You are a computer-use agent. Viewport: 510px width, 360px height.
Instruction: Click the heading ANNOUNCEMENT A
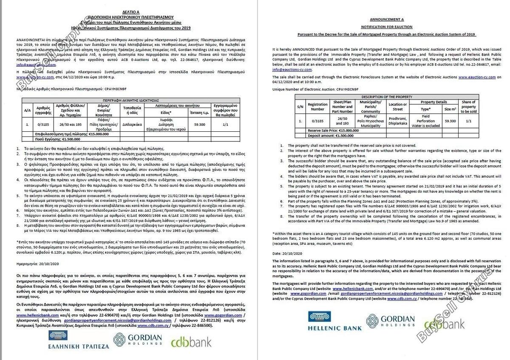[386, 20]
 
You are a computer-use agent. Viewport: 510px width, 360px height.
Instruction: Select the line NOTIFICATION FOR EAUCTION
[386, 27]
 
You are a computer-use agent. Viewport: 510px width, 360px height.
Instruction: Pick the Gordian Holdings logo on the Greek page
[137, 340]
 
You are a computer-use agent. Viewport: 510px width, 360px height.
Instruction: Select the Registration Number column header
[317, 106]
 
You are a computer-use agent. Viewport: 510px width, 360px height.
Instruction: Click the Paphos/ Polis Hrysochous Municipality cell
[370, 121]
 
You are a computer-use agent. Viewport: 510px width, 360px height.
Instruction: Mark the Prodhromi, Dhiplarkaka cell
[398, 121]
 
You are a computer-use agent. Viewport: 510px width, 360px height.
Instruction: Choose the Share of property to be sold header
[468, 106]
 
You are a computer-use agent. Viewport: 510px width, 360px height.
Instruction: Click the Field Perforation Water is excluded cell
[425, 121]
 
